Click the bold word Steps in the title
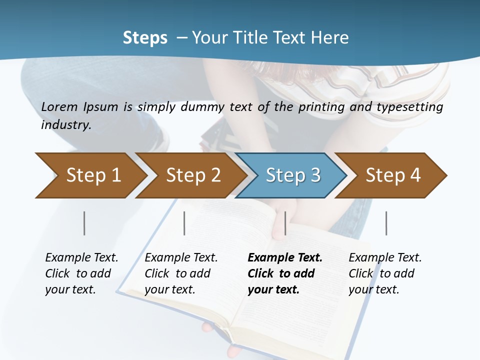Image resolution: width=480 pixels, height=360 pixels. pos(145,38)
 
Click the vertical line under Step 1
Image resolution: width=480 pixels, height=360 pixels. pos(84,223)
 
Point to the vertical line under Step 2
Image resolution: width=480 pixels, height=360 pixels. pos(184,223)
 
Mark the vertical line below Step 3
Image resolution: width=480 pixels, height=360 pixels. pos(285,223)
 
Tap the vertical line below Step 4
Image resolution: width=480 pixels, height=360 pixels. pos(386,223)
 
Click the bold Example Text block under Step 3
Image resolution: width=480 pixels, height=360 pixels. pos(284,273)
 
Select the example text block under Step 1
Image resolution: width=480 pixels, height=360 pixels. pos(81,273)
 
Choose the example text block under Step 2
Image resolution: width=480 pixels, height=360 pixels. pos(181,273)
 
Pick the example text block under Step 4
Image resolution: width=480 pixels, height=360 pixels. pos(384,273)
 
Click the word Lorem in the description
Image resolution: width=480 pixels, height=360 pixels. pos(59,107)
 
